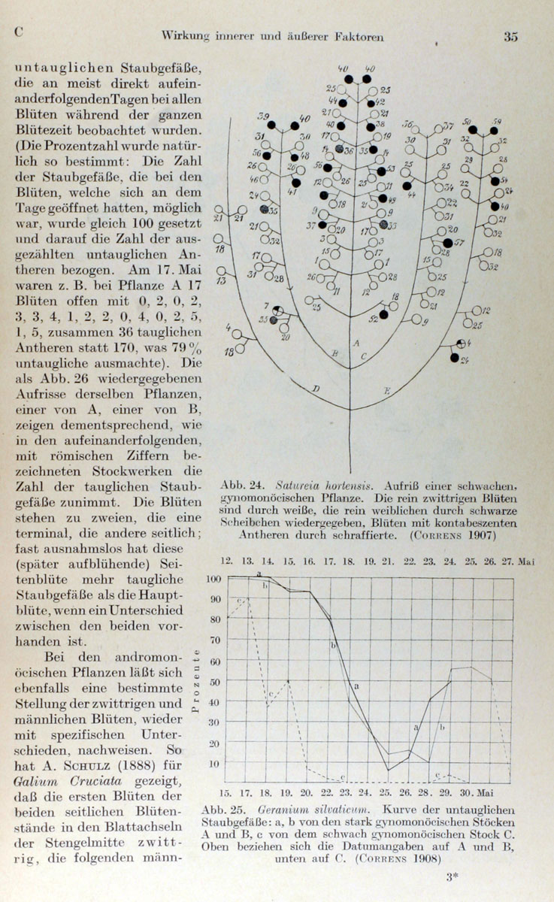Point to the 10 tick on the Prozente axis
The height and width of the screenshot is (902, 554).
[x=217, y=764]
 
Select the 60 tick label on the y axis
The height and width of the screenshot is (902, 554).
[x=217, y=661]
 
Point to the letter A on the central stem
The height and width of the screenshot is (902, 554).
[x=356, y=343]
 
